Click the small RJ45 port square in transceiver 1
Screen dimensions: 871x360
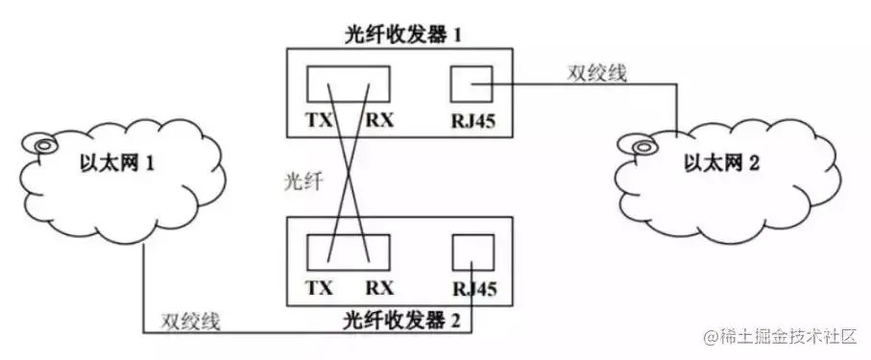(472, 85)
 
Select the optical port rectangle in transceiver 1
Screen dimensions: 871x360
(348, 84)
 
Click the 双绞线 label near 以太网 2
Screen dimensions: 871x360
(594, 75)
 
